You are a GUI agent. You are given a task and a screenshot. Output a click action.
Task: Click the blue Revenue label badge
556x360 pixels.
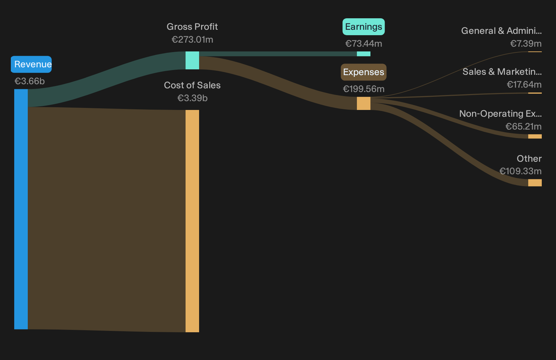31,64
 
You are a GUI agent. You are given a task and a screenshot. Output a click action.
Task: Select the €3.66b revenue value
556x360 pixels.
29,81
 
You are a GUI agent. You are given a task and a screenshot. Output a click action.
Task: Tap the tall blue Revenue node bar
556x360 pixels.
21,209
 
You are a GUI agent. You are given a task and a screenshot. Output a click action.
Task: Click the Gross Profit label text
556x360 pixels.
192,26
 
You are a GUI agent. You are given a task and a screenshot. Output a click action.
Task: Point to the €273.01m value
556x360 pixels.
192,40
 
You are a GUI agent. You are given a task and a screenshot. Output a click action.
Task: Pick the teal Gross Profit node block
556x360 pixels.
192,60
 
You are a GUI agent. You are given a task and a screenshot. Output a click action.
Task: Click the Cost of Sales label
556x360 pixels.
192,85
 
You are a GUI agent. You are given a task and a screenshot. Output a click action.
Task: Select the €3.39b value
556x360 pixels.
192,98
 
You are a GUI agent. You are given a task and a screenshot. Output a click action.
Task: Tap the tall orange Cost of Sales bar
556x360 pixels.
192,221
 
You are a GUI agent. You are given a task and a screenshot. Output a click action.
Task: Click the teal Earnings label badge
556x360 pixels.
364,26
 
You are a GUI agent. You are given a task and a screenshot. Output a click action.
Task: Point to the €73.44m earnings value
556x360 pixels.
364,44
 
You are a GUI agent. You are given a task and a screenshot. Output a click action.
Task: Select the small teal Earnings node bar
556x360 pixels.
364,54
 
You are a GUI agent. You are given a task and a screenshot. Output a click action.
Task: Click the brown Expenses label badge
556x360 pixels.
364,72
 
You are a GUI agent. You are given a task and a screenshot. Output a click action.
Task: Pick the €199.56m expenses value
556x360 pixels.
364,89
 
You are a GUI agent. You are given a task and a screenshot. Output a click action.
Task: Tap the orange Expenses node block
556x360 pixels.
364,103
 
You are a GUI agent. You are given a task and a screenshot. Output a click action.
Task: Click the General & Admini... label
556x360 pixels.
501,31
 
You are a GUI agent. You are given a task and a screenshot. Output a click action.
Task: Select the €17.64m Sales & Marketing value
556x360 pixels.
524,85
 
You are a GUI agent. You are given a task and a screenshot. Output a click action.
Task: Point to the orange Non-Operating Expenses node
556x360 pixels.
535,136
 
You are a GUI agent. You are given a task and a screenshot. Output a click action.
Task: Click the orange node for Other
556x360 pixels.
535,183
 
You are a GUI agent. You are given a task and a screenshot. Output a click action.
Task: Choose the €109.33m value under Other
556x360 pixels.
520,171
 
